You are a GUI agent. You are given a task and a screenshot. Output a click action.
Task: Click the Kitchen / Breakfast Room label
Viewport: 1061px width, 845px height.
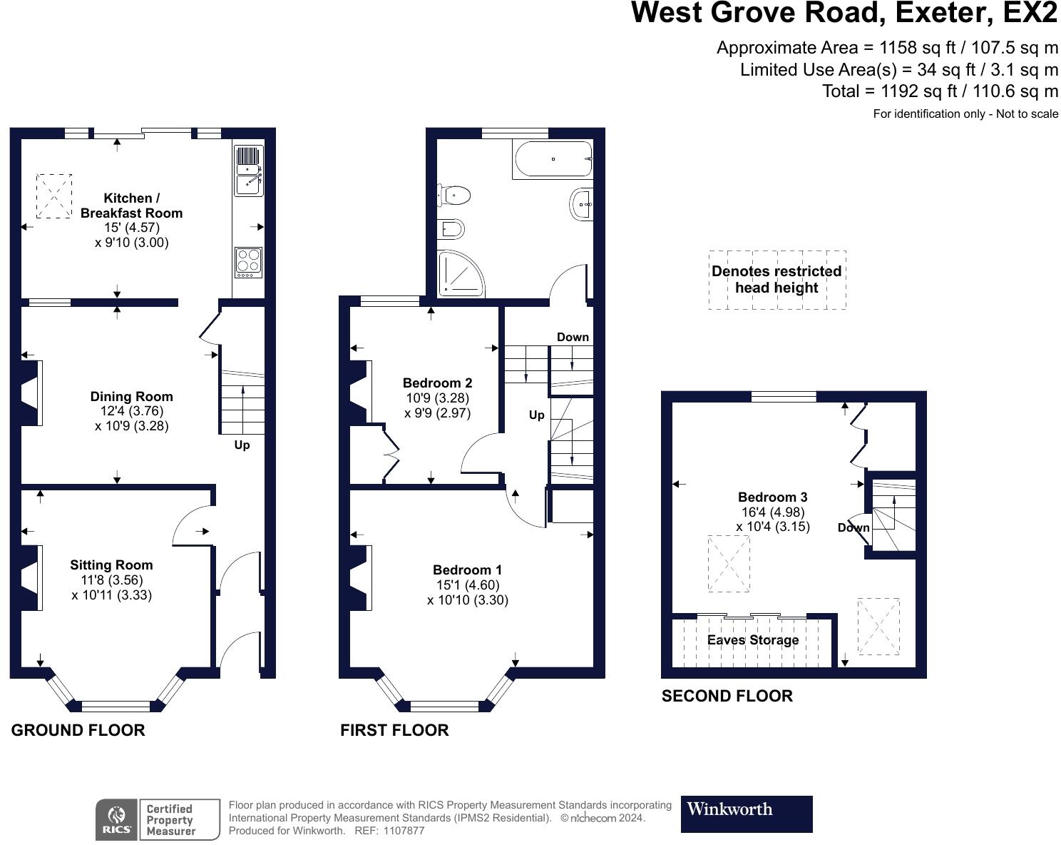tap(131, 206)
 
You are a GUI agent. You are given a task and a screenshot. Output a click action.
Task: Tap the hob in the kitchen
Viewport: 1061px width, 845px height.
tap(248, 262)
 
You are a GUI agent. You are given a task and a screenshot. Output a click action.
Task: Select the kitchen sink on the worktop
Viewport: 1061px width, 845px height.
tap(248, 171)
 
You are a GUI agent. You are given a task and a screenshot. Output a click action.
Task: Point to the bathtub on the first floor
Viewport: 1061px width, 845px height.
tap(553, 159)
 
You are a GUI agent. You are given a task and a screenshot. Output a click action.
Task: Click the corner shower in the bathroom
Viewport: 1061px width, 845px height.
tap(461, 274)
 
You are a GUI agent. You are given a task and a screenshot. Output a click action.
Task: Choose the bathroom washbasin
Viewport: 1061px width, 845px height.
tap(582, 204)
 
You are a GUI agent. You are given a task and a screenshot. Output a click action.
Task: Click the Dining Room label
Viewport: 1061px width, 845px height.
tap(132, 396)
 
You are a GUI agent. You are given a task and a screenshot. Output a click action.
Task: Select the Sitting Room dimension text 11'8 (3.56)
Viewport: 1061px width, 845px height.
tap(112, 580)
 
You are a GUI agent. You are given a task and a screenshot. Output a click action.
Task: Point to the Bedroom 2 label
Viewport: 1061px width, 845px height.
tap(437, 383)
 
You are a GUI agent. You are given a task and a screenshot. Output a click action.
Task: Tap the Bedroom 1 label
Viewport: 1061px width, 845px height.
tap(467, 570)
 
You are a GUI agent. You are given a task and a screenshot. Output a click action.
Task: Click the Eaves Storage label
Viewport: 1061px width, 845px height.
tap(753, 639)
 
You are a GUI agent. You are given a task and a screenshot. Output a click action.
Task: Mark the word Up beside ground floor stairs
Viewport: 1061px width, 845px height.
tap(242, 445)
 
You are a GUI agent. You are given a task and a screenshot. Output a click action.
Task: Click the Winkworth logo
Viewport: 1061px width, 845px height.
tap(747, 814)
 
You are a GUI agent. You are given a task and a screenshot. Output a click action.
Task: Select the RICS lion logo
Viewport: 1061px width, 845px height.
tap(117, 819)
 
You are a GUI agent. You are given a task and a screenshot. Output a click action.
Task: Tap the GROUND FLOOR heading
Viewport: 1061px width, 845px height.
tap(78, 730)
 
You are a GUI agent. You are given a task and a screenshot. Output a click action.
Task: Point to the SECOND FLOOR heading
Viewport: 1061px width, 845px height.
tap(727, 696)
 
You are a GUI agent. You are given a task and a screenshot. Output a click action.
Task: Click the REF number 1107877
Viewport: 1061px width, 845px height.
tap(404, 831)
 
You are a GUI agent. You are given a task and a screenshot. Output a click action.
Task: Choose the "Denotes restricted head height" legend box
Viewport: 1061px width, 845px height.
tap(777, 280)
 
